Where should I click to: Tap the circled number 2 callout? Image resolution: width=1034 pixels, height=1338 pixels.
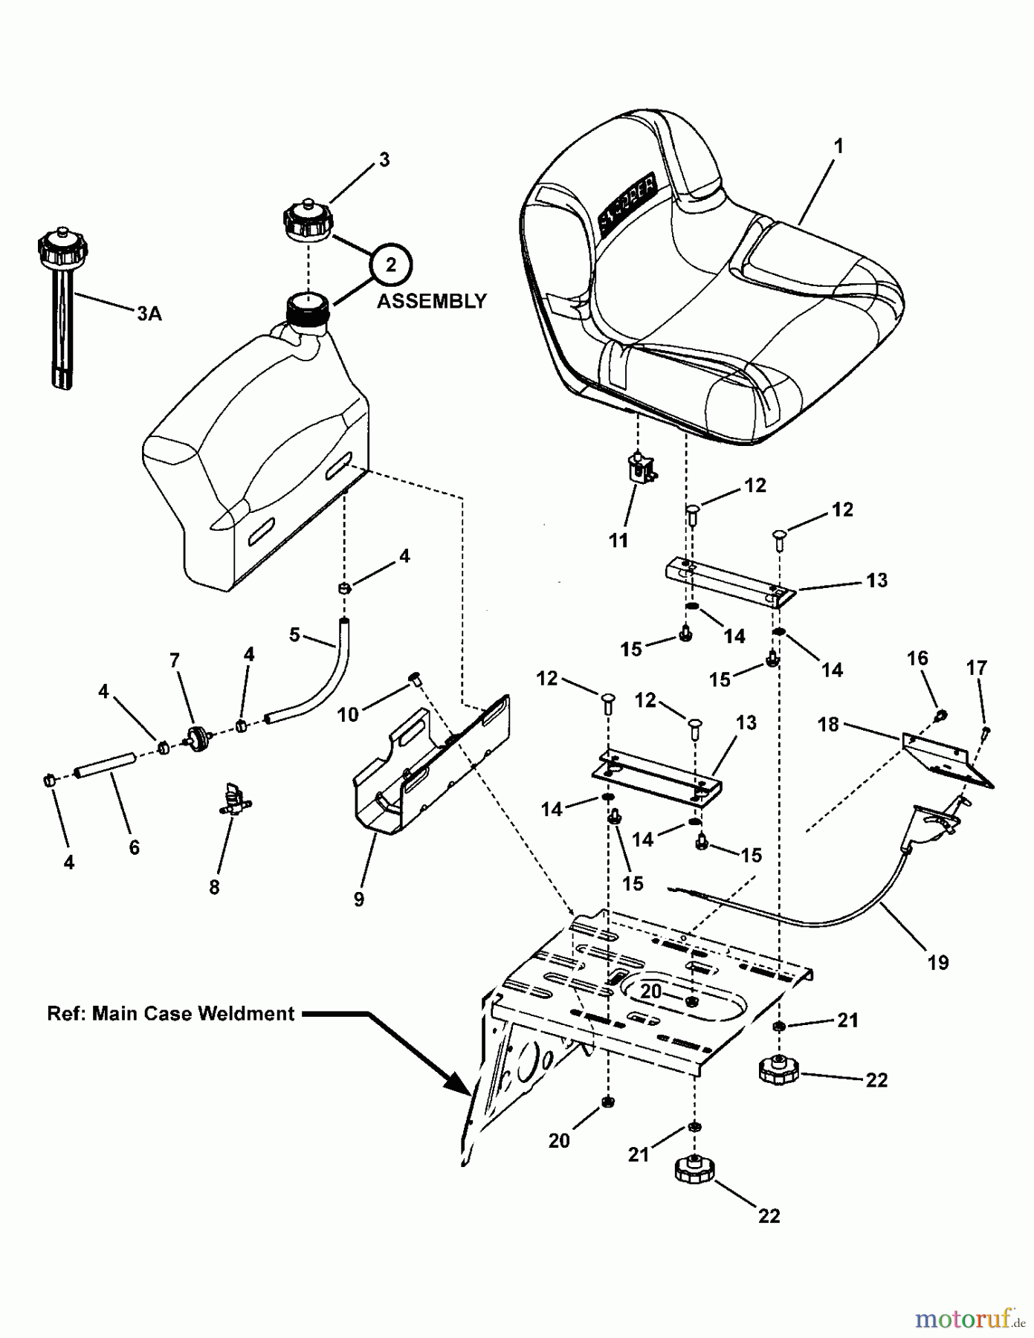pyautogui.click(x=391, y=264)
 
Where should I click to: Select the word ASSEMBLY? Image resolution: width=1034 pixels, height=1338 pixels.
pyautogui.click(x=431, y=301)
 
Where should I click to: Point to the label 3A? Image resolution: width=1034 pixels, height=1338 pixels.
pyautogui.click(x=149, y=314)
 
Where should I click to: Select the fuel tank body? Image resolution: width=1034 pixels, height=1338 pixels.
pyautogui.click(x=253, y=476)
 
